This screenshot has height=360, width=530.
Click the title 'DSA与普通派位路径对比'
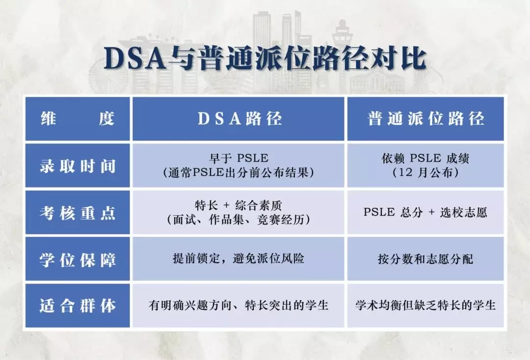265,58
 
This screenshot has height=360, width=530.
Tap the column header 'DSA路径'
239,118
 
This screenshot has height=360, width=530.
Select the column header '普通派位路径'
426,118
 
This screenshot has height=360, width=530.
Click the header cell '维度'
78,118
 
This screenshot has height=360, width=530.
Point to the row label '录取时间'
78,166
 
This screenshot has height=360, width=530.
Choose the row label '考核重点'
78,213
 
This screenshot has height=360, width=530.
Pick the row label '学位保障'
78,259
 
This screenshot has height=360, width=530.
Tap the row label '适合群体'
78,306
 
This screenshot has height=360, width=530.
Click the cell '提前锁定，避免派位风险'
238,258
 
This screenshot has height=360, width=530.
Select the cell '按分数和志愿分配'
425,259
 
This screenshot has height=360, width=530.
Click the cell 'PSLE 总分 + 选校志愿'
425,212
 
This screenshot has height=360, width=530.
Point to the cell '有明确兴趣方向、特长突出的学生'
238,305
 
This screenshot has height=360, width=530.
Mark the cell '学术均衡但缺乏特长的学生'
425,305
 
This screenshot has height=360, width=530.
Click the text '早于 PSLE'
238,158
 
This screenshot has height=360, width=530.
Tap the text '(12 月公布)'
425,172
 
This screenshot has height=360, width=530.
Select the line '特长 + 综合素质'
238,205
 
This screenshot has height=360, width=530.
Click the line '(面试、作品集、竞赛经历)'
238,220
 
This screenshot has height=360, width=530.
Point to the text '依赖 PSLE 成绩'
425,158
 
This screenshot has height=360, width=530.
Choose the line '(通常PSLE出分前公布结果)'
238,172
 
